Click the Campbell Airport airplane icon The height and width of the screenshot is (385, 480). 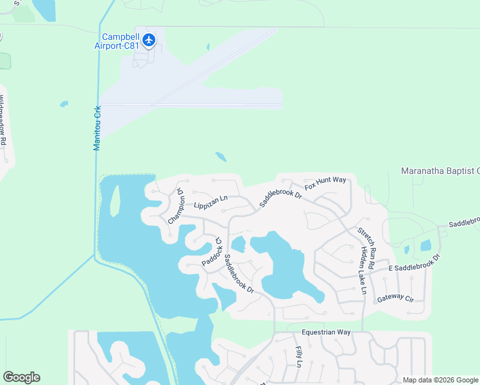pos(150,40)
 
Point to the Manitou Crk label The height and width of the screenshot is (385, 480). pos(98,128)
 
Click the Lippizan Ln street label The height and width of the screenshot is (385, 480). pos(211,202)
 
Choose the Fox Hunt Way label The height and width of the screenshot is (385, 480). pos(325,183)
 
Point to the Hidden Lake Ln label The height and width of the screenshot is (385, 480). pos(363,270)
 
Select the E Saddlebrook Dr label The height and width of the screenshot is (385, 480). pos(416,264)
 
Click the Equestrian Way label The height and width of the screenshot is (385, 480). pos(327,332)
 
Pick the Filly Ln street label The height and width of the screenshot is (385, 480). pos(299,357)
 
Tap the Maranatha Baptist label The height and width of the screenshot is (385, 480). pos(440,171)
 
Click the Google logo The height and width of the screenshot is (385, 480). pos(21,377)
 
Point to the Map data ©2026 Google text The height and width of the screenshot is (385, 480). pos(440,380)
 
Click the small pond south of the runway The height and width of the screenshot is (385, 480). pos(220,157)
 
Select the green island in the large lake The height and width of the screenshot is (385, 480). pos(114,201)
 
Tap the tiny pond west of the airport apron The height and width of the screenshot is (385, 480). pos(64,103)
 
